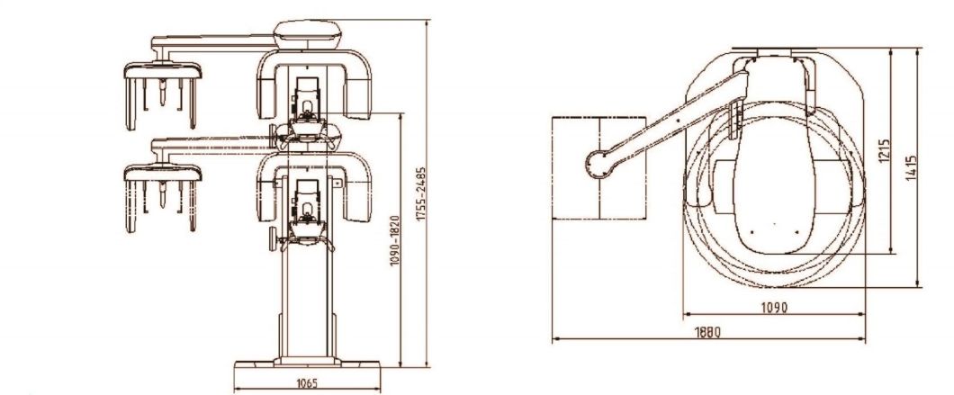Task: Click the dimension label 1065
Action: tap(307, 383)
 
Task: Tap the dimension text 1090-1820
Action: tap(394, 240)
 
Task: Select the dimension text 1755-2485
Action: tap(421, 194)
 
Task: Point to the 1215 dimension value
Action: tap(884, 150)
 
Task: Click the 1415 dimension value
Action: tap(911, 167)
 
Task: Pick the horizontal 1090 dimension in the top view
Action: tap(774, 308)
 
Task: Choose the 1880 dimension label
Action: tap(707, 332)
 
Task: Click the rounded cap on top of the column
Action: tap(307, 34)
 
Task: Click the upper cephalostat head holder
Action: tap(162, 95)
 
